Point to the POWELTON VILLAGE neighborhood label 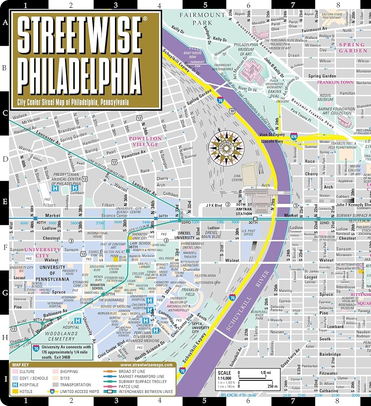[x=145, y=141]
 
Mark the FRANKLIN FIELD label [x=190, y=293]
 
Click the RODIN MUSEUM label [x=325, y=97]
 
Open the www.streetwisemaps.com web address [x=146, y=365]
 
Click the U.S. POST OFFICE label [x=248, y=233]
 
